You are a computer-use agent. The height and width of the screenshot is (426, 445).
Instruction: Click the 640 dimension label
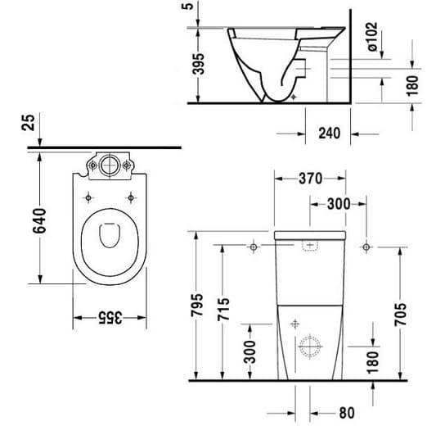[x=39, y=221]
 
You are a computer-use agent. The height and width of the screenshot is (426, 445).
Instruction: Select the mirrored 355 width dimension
[x=110, y=318]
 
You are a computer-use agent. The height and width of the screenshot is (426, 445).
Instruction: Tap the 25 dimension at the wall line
[x=28, y=123]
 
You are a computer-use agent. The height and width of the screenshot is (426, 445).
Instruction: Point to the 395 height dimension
[x=199, y=64]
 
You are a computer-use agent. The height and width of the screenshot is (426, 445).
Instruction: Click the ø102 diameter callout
[x=372, y=37]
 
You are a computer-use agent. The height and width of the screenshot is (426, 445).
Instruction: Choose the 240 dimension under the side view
[x=329, y=133]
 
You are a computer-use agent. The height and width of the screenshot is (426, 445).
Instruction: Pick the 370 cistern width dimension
[x=311, y=179]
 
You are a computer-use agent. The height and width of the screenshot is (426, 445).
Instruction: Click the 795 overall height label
[x=196, y=305]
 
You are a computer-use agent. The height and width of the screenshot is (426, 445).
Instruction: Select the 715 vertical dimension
[x=223, y=309]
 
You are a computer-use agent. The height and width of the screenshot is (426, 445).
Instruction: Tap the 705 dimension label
[x=400, y=314]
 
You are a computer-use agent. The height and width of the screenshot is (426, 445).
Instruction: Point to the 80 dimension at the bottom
[x=347, y=413]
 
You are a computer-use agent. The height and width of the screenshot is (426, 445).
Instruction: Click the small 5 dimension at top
[x=188, y=6]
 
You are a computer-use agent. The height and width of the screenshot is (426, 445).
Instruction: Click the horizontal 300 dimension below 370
[x=339, y=204]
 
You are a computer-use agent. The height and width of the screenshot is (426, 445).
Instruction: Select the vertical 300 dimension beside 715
[x=250, y=351]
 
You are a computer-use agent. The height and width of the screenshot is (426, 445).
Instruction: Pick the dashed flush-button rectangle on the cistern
[x=310, y=245]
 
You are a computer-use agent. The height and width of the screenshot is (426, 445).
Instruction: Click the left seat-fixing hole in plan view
[x=88, y=197]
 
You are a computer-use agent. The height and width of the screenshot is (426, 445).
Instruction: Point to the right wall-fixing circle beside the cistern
[x=366, y=247]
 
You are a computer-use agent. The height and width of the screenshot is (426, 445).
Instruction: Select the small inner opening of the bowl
[x=110, y=235]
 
